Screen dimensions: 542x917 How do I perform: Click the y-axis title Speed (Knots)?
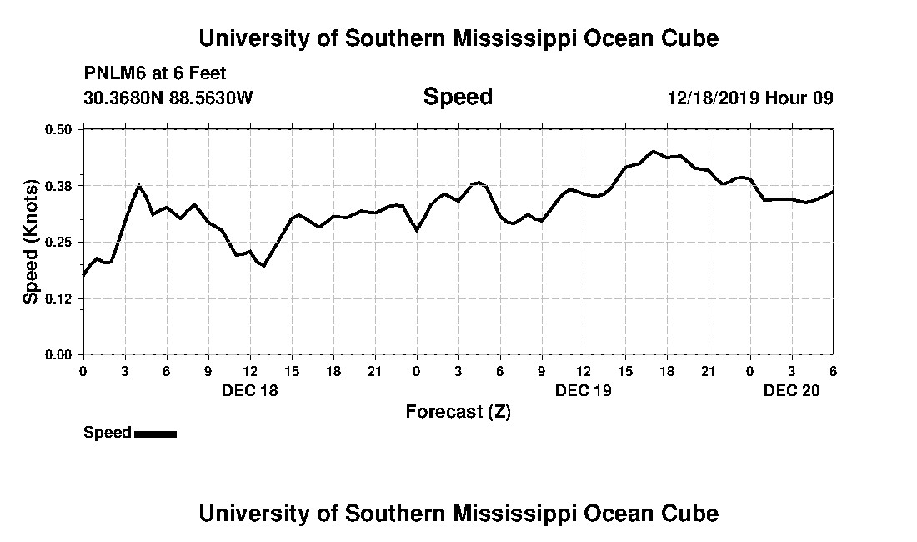[x=31, y=242]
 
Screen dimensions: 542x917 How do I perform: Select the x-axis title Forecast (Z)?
[x=458, y=411]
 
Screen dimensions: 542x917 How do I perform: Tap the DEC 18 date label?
[x=250, y=389]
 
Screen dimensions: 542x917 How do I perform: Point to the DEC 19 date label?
[x=584, y=389]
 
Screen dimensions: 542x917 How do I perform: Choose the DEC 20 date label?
[x=792, y=389]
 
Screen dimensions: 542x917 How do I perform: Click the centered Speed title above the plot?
[x=458, y=97]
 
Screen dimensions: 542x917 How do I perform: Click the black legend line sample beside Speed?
[x=155, y=434]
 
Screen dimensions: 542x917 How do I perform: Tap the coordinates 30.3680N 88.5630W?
[x=168, y=98]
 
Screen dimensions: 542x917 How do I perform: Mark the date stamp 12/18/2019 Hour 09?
[x=750, y=98]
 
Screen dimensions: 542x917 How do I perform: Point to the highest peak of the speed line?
[x=653, y=152]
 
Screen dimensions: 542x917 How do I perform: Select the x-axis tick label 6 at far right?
[x=833, y=371]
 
